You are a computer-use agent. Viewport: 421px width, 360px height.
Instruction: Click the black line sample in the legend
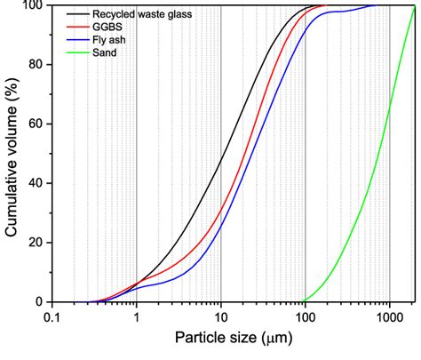pyautogui.click(x=74, y=15)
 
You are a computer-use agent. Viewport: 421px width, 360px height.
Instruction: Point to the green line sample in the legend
pyautogui.click(x=74, y=52)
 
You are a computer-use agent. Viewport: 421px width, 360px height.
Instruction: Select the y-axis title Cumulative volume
pyautogui.click(x=12, y=153)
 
